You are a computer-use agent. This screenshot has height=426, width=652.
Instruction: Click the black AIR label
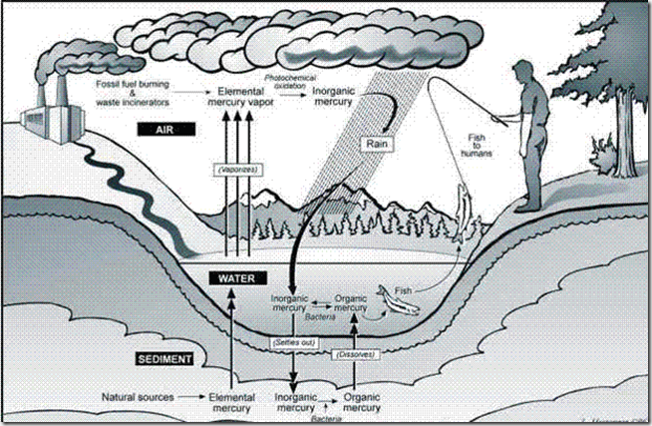(x=163, y=131)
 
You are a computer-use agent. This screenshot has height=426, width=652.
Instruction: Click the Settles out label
(x=294, y=341)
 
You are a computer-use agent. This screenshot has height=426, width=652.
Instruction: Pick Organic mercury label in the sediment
(x=360, y=402)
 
